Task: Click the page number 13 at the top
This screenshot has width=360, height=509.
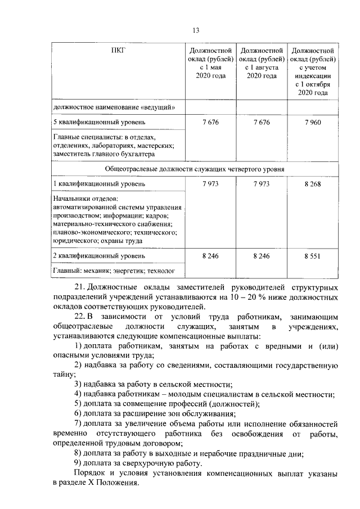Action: (x=196, y=30)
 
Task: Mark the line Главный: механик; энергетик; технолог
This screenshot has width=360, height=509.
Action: (x=110, y=271)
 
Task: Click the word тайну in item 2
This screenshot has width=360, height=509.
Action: (x=62, y=374)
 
